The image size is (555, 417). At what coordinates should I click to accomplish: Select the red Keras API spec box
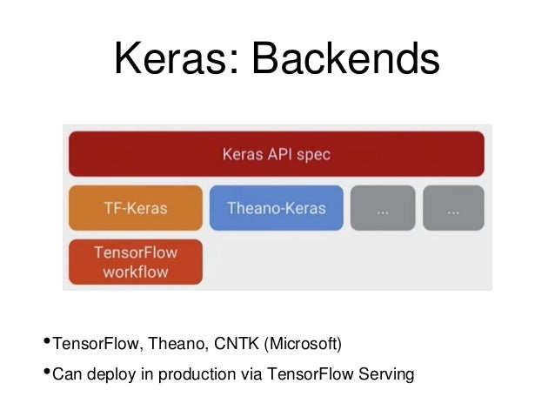tap(276, 154)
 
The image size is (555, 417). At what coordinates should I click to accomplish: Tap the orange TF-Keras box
tap(134, 208)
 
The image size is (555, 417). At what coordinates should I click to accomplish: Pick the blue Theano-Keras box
tap(276, 208)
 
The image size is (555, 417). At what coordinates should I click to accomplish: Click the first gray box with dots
tap(382, 208)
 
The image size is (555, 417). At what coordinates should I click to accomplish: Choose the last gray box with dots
tap(452, 208)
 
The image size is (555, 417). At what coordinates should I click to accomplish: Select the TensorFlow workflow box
tap(134, 261)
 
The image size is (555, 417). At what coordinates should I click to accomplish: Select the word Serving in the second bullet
tap(388, 375)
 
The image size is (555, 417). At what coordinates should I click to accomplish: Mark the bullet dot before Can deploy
tap(46, 370)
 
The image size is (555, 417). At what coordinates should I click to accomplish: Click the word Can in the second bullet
tap(67, 375)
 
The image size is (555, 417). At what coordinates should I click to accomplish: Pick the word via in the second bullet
tap(249, 375)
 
